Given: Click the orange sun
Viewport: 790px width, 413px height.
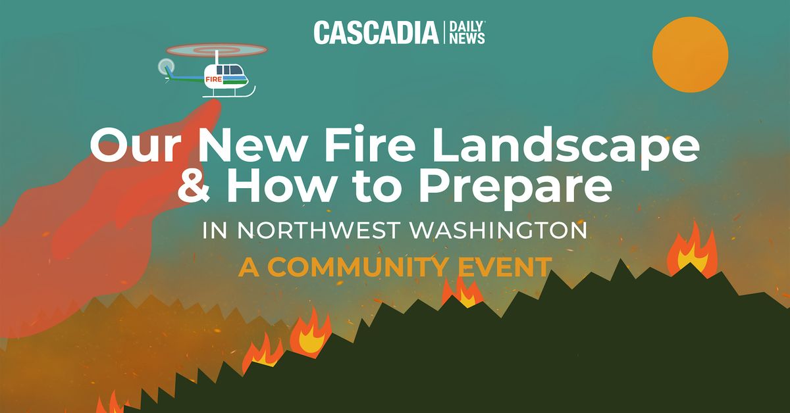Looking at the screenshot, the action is (x=690, y=55).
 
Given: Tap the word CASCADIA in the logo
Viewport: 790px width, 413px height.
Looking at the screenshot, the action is (x=377, y=33).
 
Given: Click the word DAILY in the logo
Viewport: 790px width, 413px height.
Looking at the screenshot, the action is (x=466, y=26).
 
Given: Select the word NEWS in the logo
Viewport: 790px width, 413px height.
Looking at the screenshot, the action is (x=467, y=39).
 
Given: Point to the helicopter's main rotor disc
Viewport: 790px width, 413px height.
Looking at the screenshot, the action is (x=217, y=50).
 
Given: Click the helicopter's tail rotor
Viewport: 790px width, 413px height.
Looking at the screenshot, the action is (x=166, y=66).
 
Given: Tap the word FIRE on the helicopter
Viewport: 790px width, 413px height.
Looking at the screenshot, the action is (x=214, y=80).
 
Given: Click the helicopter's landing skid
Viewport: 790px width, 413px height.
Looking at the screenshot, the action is (x=228, y=95).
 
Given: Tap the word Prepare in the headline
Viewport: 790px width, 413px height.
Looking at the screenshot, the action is (x=515, y=188).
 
